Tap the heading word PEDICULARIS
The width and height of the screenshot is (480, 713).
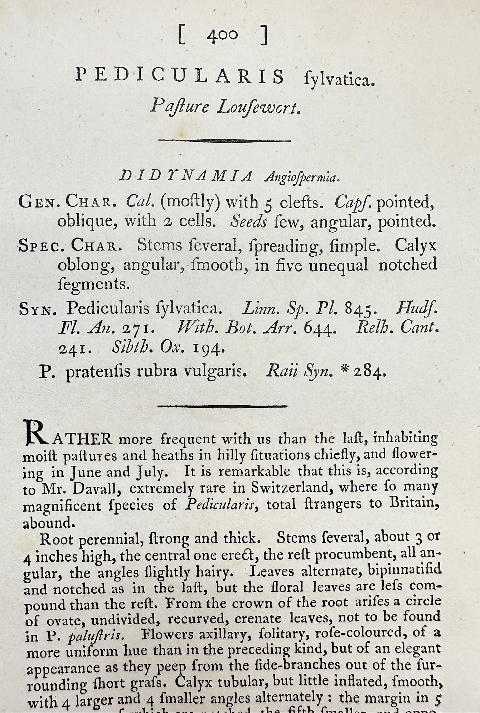181,76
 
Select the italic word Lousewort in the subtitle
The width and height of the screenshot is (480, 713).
257,106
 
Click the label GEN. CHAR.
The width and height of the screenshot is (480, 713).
68,202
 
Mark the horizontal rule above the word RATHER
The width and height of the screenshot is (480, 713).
223,406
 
